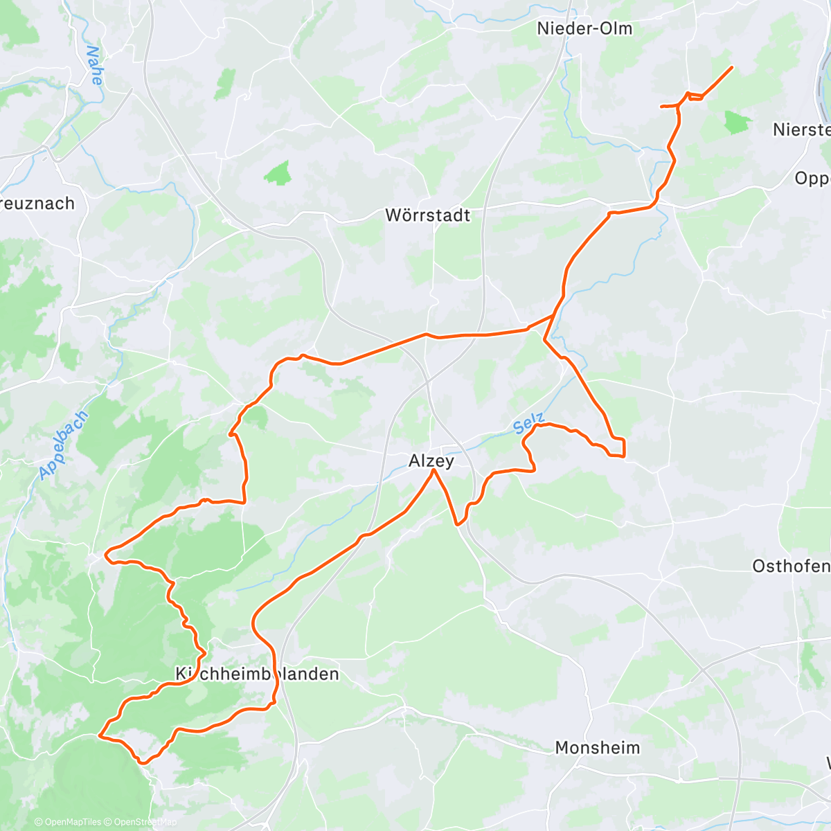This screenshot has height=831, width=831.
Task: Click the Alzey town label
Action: click(431, 461)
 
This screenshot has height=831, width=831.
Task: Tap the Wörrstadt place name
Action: click(427, 215)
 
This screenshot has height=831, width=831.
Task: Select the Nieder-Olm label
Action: click(584, 28)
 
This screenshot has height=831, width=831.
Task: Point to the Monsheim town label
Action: click(598, 748)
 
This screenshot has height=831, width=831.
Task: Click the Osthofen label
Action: click(791, 566)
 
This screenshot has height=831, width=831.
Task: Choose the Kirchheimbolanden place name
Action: click(258, 674)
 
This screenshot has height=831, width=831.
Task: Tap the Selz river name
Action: click(530, 424)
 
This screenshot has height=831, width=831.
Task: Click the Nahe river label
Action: click(94, 65)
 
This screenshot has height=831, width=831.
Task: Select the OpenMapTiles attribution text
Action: click(68, 822)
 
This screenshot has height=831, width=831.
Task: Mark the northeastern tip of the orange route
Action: click(732, 66)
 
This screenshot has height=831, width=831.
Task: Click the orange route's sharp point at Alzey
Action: click(434, 470)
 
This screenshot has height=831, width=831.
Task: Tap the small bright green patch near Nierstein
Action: click(738, 123)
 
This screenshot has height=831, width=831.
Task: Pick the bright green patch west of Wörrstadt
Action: click(278, 173)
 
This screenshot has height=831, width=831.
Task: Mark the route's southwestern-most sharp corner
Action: click(101, 736)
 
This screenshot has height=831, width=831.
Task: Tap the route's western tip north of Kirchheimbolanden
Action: click(106, 554)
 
